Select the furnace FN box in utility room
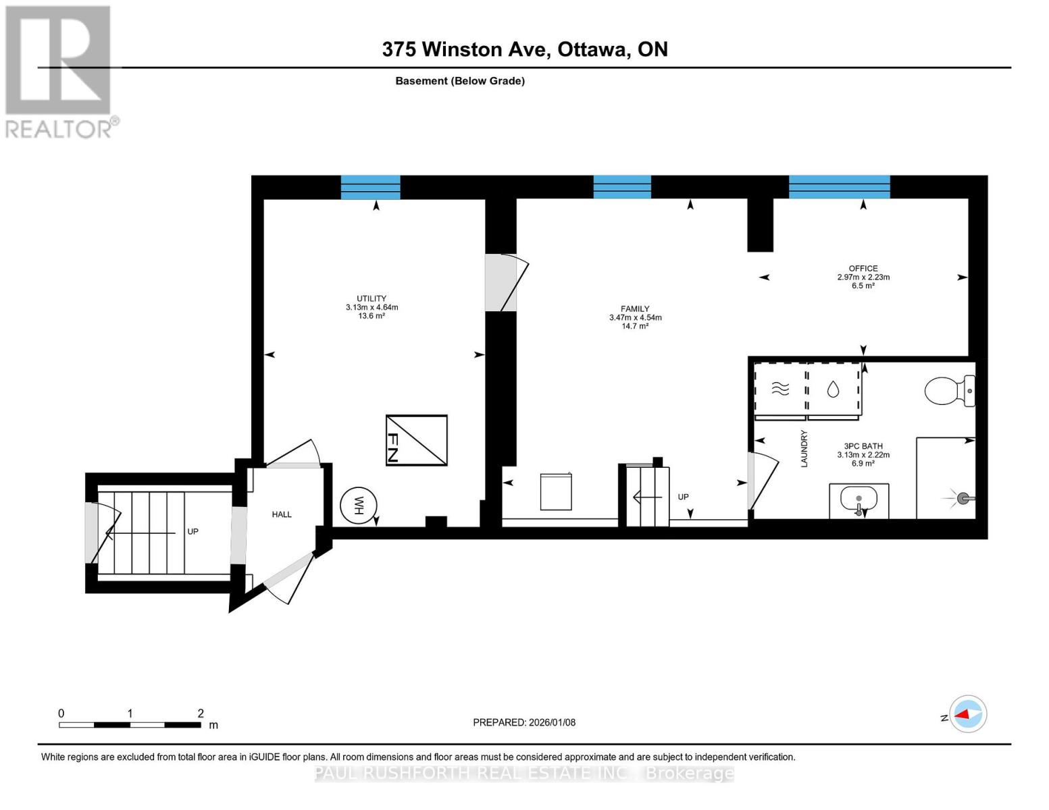coord(416,440)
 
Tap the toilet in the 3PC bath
coord(948,391)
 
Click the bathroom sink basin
coord(859,500)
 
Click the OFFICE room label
coord(863,268)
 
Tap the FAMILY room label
coord(635,308)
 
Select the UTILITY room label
coord(372,298)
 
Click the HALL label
coord(282,514)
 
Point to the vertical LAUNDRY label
coord(804,449)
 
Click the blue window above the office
coord(839,187)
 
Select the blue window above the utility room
coord(370,187)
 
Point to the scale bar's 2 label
coord(201,713)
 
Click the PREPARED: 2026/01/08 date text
coord(524,722)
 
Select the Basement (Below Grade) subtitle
coord(460,81)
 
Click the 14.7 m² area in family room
coord(635,326)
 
